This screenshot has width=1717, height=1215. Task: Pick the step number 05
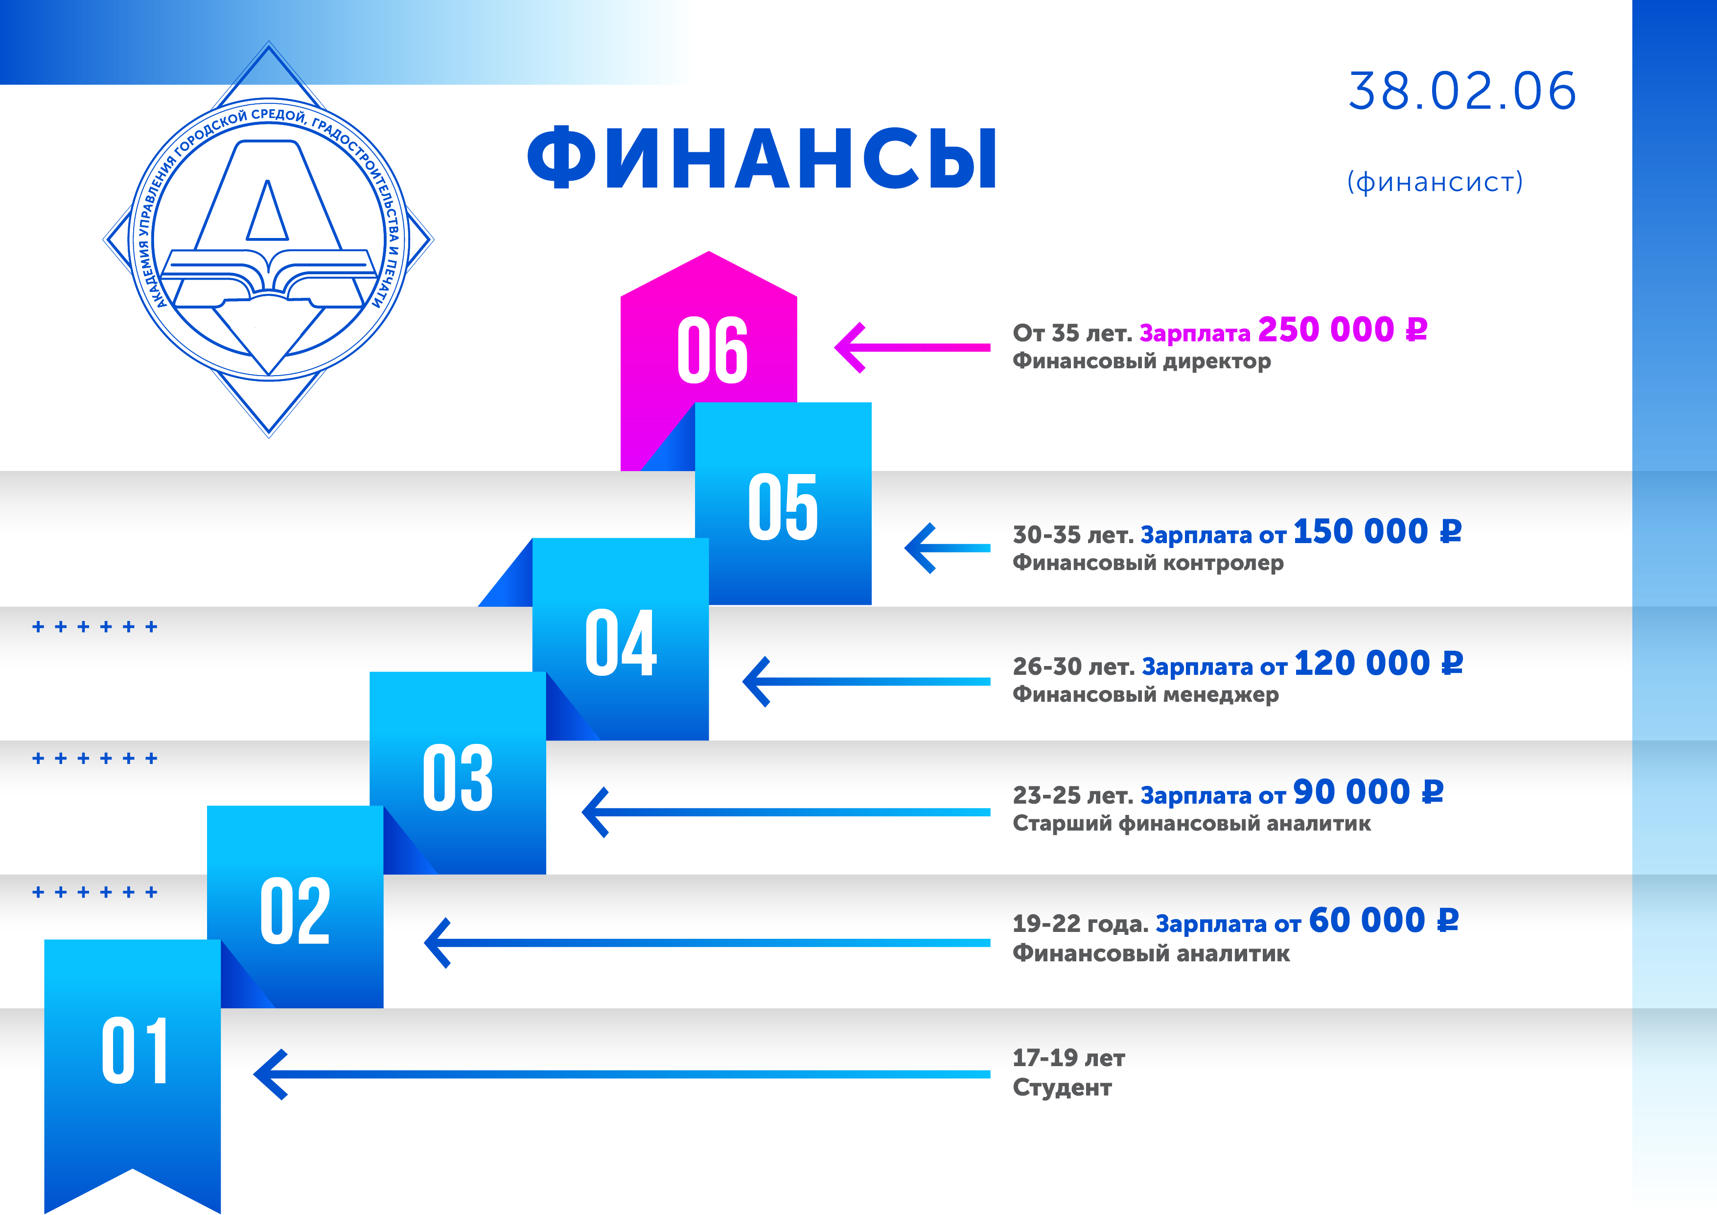[x=783, y=507]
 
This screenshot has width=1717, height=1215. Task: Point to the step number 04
[x=621, y=642]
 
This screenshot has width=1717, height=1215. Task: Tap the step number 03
[x=458, y=778]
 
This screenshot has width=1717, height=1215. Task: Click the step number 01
[x=135, y=1050]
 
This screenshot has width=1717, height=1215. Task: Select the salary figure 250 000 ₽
[x=1343, y=329]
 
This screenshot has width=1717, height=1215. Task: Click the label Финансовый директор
[x=1142, y=361]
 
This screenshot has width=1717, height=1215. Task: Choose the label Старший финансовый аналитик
[x=1192, y=824]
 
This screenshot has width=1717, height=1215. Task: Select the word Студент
[x=1062, y=1087]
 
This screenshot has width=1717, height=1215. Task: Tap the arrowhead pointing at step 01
[x=270, y=1074]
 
